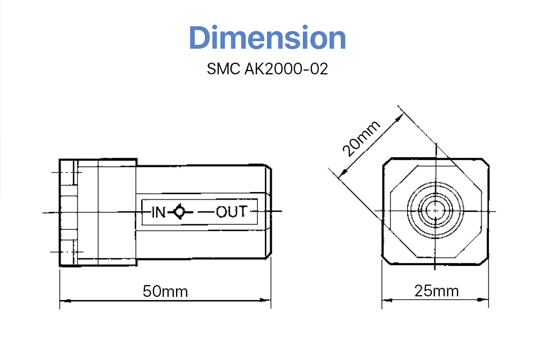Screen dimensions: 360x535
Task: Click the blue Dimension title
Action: pos(267,38)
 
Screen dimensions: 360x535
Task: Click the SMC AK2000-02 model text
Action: pos(267,70)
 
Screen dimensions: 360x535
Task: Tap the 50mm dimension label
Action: pos(165,292)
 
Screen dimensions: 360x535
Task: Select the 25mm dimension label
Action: pos(436,291)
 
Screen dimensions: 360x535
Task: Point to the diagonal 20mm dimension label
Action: pos(362,138)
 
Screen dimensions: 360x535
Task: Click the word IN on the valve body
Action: pos(159,212)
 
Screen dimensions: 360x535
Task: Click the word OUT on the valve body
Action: pos(232,212)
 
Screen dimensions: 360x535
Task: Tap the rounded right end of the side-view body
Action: pos(269,212)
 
